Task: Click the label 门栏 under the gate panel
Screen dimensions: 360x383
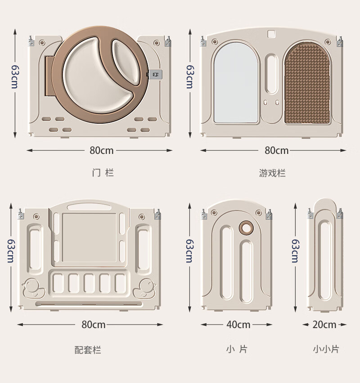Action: (103, 173)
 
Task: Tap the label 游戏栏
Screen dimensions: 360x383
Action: (272, 173)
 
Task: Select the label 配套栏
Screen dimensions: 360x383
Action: (88, 350)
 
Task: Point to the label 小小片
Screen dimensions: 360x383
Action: (326, 349)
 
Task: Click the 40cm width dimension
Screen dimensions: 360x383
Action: (238, 324)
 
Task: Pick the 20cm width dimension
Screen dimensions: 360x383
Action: (324, 324)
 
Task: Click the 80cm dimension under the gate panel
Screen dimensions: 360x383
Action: (102, 150)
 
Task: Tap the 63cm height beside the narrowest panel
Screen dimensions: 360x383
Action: (295, 251)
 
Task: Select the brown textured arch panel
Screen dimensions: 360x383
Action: (307, 83)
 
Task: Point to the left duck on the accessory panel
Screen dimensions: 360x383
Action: (33, 288)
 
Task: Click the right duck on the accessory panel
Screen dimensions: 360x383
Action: (144, 288)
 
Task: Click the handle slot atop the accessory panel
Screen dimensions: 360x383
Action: (89, 207)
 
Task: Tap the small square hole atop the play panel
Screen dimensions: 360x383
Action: (271, 34)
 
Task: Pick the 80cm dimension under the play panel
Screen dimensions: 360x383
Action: (277, 150)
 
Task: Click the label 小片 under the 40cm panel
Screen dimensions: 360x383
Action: (237, 349)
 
